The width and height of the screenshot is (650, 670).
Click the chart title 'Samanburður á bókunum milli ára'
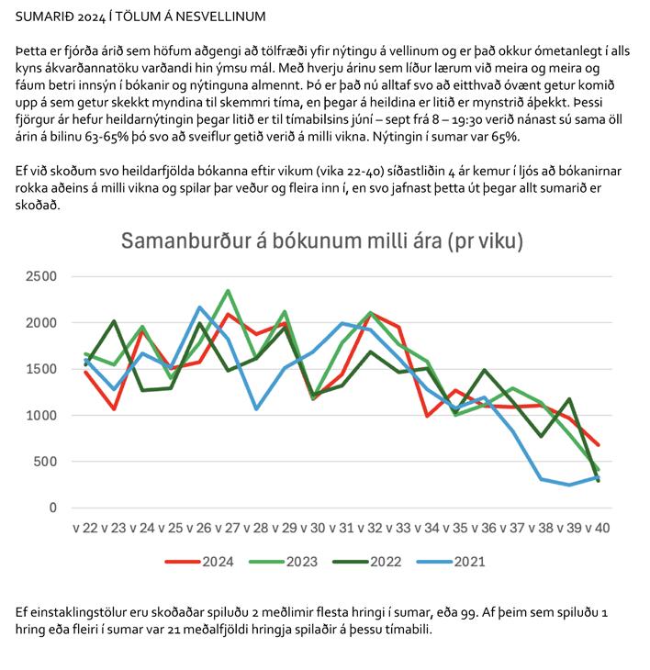[x=322, y=242]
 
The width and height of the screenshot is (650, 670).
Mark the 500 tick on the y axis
[x=41, y=462]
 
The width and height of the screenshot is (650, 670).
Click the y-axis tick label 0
[x=52, y=508]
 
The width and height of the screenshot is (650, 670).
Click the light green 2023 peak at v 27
[x=228, y=291]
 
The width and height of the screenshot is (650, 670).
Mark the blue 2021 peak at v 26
[x=199, y=307]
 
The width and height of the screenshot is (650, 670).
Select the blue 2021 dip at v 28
[x=256, y=408]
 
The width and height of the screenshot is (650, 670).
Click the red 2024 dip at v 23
[x=114, y=408]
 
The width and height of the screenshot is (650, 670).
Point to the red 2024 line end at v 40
[x=598, y=444]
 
